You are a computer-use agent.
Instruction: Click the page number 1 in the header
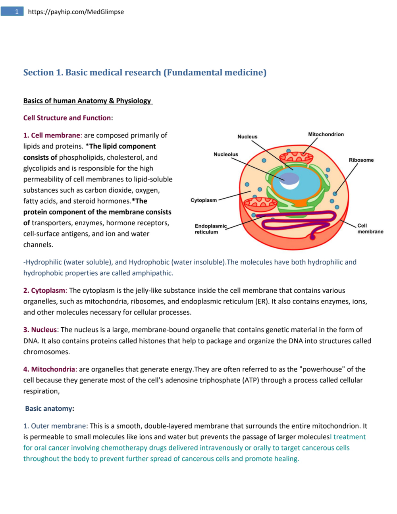[17, 12]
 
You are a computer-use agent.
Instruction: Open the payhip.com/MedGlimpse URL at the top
[76, 12]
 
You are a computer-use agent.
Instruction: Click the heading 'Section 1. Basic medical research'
[145, 72]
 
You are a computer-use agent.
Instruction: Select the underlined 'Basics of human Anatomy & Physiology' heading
[87, 100]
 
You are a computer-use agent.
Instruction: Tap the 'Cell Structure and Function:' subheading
[68, 118]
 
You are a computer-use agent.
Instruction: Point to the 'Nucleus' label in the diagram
[247, 137]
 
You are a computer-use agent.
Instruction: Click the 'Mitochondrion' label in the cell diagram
[326, 134]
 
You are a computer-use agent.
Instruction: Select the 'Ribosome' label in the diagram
[361, 160]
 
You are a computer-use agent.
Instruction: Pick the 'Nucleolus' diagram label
[225, 154]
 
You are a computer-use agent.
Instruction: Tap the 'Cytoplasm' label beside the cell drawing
[204, 200]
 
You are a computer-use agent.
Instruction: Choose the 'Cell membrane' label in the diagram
[370, 228]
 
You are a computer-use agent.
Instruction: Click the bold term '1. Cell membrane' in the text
[52, 135]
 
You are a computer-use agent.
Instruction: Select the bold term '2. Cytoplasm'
[44, 290]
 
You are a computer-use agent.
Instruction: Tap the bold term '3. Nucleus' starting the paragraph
[40, 330]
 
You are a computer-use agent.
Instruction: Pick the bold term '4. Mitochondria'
[49, 369]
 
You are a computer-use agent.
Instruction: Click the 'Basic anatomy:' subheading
[50, 409]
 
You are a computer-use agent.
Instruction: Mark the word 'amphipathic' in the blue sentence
[152, 273]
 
